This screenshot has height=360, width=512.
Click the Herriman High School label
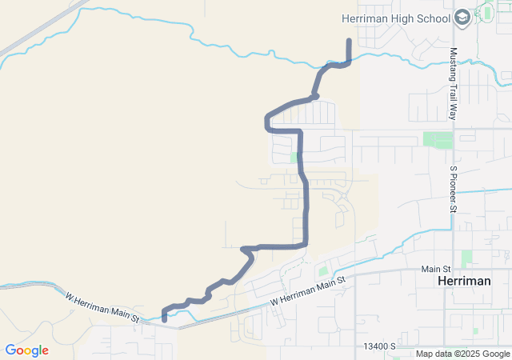(x=396, y=17)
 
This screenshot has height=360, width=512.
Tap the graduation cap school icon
(x=462, y=17)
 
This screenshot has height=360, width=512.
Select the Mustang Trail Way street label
(x=453, y=84)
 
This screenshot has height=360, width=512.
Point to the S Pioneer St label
(x=453, y=190)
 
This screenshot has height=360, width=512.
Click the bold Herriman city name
(x=470, y=283)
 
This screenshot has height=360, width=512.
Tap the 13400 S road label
(x=380, y=346)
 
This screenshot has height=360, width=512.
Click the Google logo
(x=26, y=350)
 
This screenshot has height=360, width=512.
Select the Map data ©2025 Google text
(x=462, y=354)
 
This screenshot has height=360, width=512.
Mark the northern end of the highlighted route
(x=349, y=40)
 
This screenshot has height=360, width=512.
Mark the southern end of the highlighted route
(x=164, y=319)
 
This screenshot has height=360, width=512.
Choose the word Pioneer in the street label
(x=453, y=190)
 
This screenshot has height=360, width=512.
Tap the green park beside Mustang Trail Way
(x=438, y=139)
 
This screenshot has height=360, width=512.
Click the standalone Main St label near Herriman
(x=437, y=269)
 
